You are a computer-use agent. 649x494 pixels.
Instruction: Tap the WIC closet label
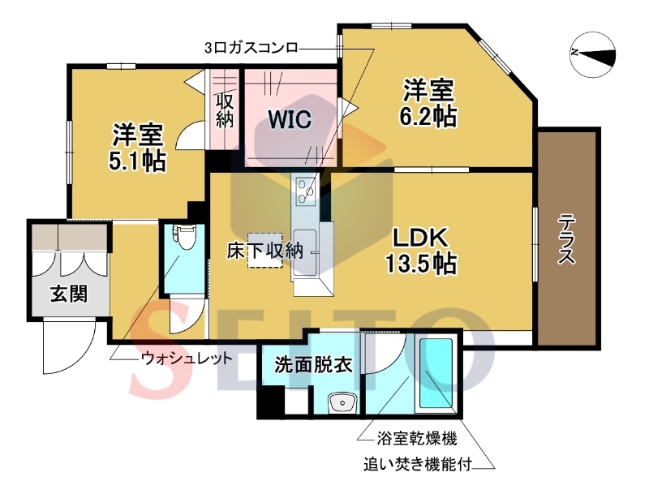pos(290,120)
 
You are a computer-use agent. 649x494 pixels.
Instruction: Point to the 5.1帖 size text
pos(138,161)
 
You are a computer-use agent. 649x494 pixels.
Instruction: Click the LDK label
pos(421,238)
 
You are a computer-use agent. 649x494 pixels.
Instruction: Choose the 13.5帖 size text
pos(420,263)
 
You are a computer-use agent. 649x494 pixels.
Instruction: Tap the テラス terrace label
pos(567,239)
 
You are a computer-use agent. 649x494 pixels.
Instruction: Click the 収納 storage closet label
pos(225,110)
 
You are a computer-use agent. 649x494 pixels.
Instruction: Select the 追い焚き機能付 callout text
pos(417,465)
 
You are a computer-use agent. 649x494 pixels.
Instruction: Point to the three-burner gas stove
pos(307,191)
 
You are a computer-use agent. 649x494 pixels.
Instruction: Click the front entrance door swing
pos(67,349)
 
